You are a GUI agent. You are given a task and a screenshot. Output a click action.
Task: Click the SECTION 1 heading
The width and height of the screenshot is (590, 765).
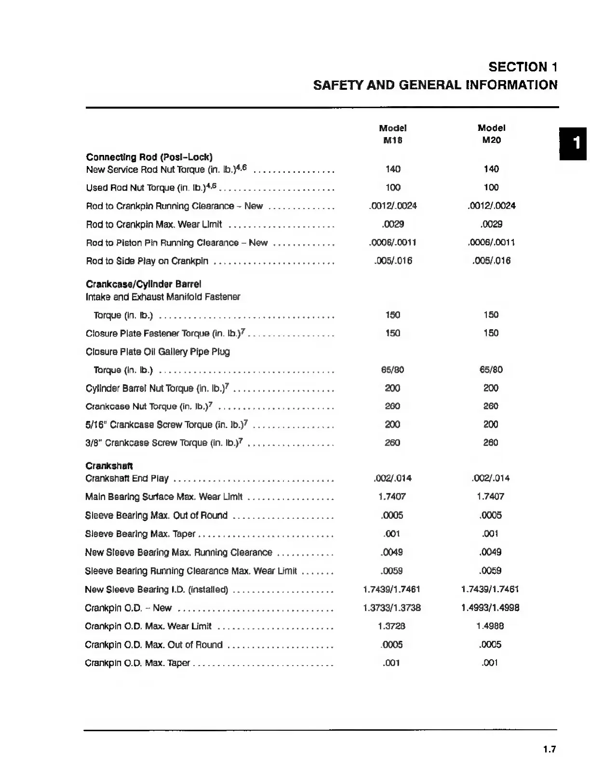pos(523,67)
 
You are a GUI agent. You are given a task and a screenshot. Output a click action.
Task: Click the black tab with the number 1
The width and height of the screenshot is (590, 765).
pos(573,143)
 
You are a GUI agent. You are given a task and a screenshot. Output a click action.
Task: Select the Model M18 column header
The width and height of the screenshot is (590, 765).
pos(393,134)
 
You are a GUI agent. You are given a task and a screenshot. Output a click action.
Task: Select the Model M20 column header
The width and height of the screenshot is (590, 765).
pos(491,134)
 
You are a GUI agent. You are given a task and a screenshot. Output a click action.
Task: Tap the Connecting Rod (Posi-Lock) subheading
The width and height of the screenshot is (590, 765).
pos(149,157)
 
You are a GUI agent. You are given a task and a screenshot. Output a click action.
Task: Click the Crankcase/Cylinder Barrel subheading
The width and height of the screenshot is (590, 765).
pos(143,284)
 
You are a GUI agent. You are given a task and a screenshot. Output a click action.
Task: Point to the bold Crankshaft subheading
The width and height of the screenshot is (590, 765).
pos(109,466)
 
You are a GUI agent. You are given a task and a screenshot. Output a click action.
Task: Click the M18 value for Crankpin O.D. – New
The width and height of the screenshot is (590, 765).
pos(392,608)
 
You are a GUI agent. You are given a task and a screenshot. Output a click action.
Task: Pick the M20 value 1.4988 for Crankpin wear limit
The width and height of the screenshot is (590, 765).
pos(490,626)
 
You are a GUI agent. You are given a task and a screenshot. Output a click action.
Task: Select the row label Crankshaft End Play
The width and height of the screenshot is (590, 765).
pos(127,478)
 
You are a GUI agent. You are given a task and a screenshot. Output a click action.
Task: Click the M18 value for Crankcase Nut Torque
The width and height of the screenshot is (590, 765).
pos(392,406)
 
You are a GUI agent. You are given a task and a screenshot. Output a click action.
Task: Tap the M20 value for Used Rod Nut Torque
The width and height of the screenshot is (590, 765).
pos(491,187)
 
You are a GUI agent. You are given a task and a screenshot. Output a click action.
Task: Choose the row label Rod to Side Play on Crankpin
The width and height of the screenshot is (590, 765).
pos(147,261)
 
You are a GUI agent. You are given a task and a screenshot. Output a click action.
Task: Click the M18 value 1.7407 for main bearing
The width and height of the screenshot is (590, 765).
pos(392,496)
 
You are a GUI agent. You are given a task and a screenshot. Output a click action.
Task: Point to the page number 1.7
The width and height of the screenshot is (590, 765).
pos(550,750)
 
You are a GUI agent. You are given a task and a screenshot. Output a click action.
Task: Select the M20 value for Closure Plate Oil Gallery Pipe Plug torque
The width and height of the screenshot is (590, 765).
pos(491,370)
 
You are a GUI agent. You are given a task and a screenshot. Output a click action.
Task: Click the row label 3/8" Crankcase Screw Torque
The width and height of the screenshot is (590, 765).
pos(164,443)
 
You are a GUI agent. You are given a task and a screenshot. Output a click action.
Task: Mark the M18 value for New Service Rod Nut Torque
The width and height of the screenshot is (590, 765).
pos(393,169)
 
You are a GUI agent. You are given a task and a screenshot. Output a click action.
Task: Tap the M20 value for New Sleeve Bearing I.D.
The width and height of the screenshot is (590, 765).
pos(490,589)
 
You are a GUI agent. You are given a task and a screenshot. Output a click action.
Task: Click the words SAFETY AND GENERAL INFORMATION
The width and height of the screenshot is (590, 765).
pos(435,85)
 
